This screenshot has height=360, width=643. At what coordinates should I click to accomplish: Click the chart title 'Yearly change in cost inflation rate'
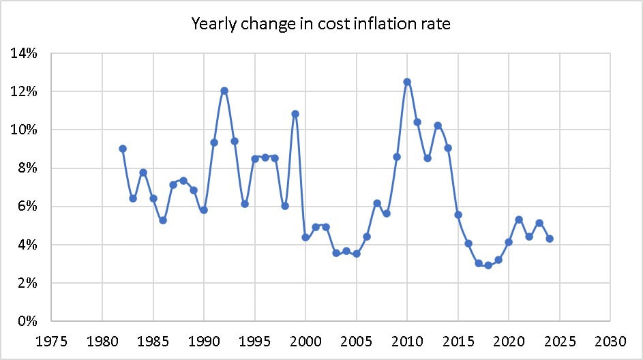point(321,24)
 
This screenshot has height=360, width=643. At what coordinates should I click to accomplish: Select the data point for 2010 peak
point(407,82)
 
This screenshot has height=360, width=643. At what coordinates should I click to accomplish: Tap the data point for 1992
point(224,91)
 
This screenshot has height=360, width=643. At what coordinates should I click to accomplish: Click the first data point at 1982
point(123,149)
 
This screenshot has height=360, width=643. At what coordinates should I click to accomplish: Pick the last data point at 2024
point(550,239)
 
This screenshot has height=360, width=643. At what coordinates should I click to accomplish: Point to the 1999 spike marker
point(295,114)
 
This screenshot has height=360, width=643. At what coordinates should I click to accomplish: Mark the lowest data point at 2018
point(488,265)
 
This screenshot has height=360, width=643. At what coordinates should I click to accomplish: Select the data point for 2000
point(305,237)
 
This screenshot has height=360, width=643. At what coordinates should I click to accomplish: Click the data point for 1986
point(163,220)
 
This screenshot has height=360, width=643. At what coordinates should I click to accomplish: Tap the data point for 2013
point(438,125)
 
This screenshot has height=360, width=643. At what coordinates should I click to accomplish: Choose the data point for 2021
point(519,220)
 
